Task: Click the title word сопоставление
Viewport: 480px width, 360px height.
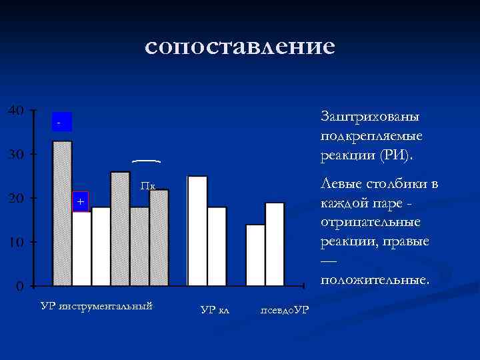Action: click(x=239, y=46)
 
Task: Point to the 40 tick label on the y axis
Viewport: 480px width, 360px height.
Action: click(x=17, y=110)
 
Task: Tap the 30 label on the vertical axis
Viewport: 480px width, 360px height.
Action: click(x=17, y=154)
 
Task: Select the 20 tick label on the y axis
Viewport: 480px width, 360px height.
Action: click(x=17, y=198)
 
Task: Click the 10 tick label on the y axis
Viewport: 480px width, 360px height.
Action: click(x=17, y=242)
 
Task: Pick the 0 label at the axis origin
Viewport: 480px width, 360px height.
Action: click(x=21, y=287)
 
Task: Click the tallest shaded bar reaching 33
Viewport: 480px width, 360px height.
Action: click(x=62, y=213)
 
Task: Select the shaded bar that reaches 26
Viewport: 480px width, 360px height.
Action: click(x=120, y=228)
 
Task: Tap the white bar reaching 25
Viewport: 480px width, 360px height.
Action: click(x=197, y=231)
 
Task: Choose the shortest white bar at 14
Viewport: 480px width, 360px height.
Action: click(x=255, y=255)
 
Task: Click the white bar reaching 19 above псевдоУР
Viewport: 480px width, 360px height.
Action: click(x=275, y=244)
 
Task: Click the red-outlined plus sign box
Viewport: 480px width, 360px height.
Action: click(x=80, y=201)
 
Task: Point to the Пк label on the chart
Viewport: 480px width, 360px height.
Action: click(x=148, y=186)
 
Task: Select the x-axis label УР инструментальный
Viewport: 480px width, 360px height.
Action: click(x=97, y=306)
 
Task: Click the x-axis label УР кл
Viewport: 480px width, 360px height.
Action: click(x=214, y=310)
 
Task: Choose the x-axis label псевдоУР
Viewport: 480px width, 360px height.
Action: click(x=284, y=310)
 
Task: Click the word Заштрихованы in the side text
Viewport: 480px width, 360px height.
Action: click(x=369, y=116)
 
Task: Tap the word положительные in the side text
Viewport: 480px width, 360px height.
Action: click(x=373, y=279)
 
